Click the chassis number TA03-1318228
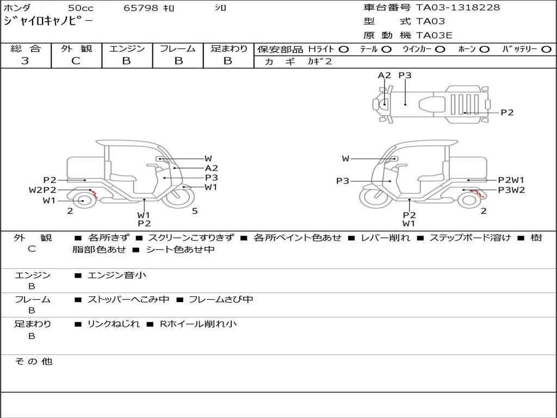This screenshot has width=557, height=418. click(458, 8)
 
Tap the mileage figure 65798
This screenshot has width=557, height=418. click(141, 8)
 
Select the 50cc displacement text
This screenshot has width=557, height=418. click(81, 8)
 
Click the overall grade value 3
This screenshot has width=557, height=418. click(25, 61)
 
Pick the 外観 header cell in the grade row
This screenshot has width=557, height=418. click(76, 48)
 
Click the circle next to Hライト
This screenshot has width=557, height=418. click(344, 50)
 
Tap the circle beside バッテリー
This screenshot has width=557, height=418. click(546, 50)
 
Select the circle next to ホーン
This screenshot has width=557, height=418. click(484, 50)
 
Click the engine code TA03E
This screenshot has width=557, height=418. click(434, 35)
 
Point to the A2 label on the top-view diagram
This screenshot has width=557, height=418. click(385, 75)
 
